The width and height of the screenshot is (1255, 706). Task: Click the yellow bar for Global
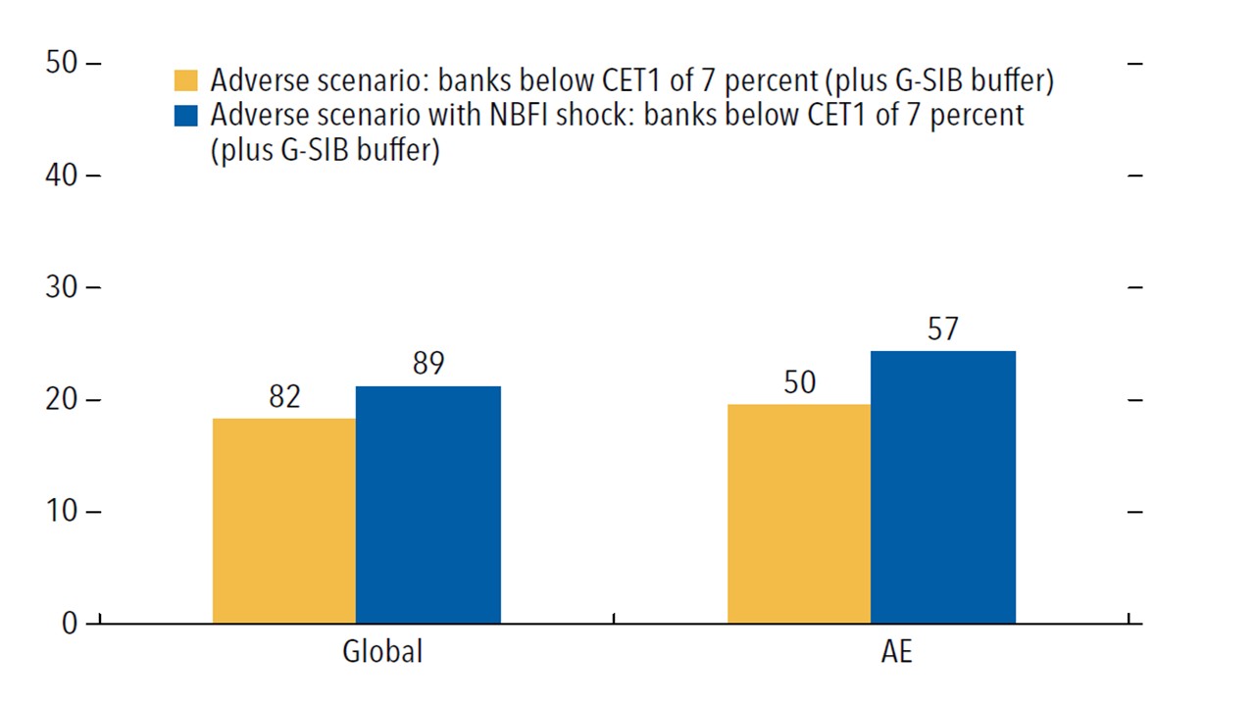pyautogui.click(x=284, y=521)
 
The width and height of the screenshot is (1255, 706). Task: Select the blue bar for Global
pyautogui.click(x=428, y=505)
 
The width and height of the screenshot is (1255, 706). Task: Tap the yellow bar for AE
pyautogui.click(x=799, y=514)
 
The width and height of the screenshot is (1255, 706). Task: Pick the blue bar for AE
pyautogui.click(x=943, y=487)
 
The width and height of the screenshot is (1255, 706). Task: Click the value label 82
pyautogui.click(x=284, y=397)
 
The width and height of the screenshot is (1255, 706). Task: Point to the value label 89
pyautogui.click(x=428, y=364)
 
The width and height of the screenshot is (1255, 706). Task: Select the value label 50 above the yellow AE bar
pyautogui.click(x=799, y=382)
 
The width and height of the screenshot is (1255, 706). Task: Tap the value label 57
pyautogui.click(x=943, y=329)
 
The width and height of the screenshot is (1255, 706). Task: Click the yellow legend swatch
pyautogui.click(x=185, y=80)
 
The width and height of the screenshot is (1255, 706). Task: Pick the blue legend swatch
pyautogui.click(x=185, y=115)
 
